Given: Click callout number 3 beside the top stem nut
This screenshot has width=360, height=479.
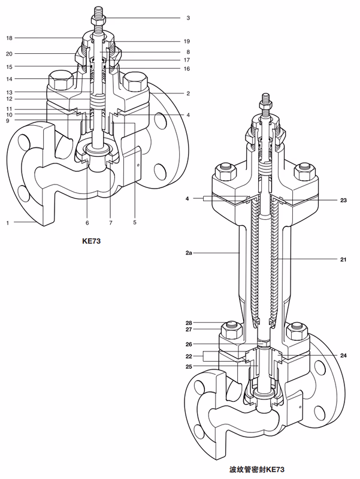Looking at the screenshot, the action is [188, 18].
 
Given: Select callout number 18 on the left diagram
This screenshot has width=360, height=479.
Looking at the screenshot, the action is [9, 38].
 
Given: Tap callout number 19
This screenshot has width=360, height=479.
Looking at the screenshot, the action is [187, 41].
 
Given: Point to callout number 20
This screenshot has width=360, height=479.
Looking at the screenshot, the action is [9, 54].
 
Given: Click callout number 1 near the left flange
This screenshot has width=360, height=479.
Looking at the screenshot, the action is [8, 223].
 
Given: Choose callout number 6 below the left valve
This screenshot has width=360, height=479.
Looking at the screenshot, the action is [87, 223].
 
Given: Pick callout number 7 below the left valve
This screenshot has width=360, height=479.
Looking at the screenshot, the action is [111, 223].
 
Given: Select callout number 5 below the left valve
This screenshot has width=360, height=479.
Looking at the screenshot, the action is [134, 222].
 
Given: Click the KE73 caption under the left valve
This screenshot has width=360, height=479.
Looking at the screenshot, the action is [92, 241].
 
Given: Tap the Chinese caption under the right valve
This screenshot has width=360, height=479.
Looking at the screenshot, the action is [257, 469].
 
